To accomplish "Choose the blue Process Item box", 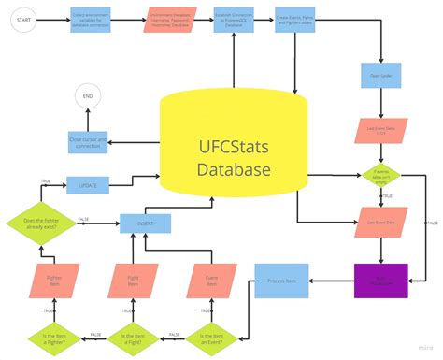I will (x=281, y=280).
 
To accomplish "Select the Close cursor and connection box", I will (x=89, y=141).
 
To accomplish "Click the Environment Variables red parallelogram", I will (x=169, y=20).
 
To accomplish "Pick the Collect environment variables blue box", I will (x=92, y=20).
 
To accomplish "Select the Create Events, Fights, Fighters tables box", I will (x=296, y=20).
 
